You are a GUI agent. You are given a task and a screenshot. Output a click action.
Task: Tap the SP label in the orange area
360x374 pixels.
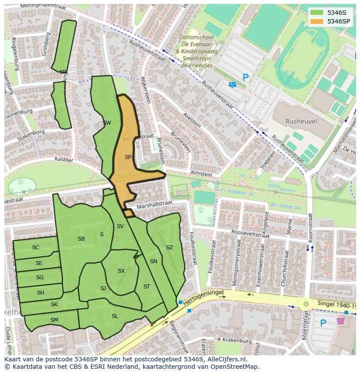pyautogui.click(x=128, y=157)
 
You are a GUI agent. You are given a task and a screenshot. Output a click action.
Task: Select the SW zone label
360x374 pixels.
pyautogui.click(x=107, y=123)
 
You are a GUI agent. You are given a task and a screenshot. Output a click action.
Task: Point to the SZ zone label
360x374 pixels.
pyautogui.click(x=170, y=248)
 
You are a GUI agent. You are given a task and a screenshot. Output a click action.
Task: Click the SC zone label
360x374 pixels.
pyautogui.click(x=36, y=248)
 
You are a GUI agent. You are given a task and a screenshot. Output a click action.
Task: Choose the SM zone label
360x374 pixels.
pyautogui.click(x=54, y=320)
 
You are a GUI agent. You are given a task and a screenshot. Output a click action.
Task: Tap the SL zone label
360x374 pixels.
pyautogui.click(x=115, y=316)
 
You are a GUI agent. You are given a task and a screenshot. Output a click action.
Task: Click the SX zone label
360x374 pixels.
pyautogui.click(x=121, y=271)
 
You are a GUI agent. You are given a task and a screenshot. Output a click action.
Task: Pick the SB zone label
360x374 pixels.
pyautogui.click(x=81, y=239)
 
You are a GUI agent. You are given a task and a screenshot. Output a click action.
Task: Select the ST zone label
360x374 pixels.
pyautogui.click(x=147, y=287)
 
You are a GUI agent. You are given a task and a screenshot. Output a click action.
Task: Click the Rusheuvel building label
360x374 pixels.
pyautogui.click(x=301, y=122)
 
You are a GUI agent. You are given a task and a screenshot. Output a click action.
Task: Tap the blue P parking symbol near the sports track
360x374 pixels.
pyautogui.click(x=246, y=78)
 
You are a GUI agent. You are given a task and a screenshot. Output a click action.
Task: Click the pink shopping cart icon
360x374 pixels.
pyautogui.click(x=340, y=321)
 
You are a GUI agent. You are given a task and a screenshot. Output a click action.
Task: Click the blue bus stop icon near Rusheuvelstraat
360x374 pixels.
pyautogui.click(x=232, y=85)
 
